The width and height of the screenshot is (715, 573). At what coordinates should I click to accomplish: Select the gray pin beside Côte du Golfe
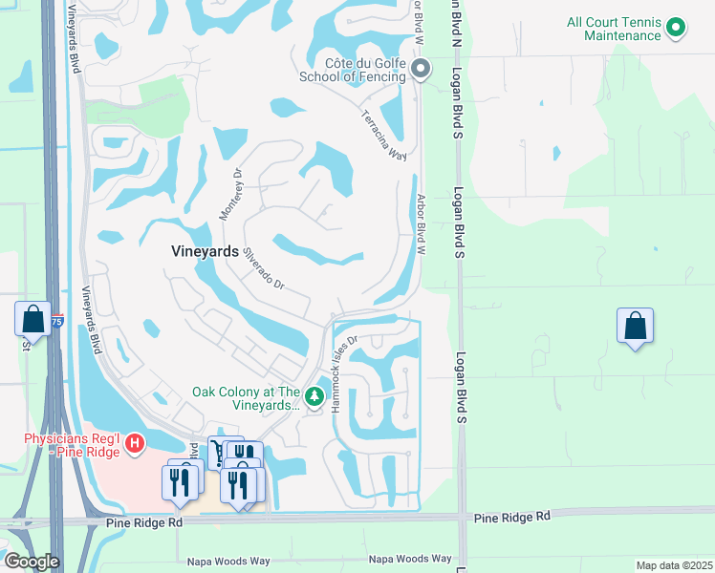422,68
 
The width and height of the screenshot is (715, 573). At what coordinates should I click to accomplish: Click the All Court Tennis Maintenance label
613,29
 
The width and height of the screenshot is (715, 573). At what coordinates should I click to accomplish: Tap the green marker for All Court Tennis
677,28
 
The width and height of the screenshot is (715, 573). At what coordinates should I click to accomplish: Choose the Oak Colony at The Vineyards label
247,398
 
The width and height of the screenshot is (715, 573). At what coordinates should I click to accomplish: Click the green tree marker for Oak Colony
314,394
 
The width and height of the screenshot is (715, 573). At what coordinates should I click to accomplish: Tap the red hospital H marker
135,444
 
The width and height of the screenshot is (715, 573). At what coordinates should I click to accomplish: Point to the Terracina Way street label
383,136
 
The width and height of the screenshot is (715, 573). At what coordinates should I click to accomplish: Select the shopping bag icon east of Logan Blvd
635,327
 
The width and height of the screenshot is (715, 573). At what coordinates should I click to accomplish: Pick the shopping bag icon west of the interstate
32,319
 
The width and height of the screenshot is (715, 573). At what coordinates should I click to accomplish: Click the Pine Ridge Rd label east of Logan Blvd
513,516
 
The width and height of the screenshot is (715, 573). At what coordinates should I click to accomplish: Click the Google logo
32,562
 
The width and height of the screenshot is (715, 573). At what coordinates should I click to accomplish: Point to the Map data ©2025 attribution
673,565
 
